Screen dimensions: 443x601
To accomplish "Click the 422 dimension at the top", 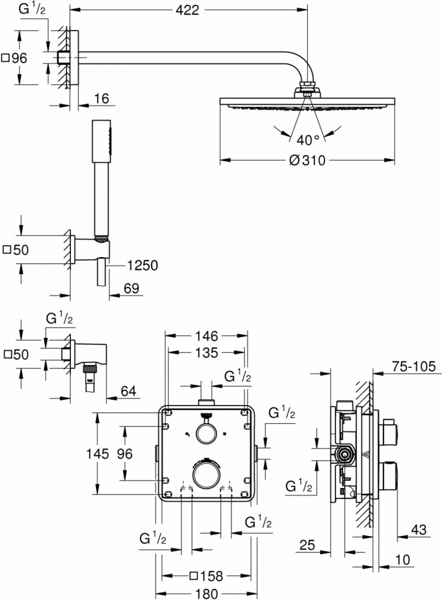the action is click(188, 10).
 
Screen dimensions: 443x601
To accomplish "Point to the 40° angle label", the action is click(308, 140).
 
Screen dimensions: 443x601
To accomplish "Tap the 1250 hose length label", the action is click(142, 265).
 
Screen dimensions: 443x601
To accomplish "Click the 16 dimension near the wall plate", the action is click(102, 99).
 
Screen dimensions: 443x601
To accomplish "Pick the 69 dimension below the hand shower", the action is click(132, 288).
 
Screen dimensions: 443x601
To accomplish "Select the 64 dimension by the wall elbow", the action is click(129, 391).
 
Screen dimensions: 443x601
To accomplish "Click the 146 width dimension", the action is click(206, 336).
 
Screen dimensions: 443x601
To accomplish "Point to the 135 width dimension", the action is click(207, 353).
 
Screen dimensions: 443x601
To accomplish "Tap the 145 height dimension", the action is click(97, 454).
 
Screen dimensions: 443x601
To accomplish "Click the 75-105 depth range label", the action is click(414, 367).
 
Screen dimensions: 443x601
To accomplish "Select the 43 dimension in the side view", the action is click(419, 529).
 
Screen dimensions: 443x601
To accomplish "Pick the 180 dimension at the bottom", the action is click(206, 594).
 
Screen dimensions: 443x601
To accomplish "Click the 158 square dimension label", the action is click(206, 576).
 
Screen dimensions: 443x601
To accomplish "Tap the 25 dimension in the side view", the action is click(307, 545).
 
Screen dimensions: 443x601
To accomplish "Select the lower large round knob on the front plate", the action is click(207, 474).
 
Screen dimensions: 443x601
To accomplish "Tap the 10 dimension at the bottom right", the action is click(402, 560).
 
